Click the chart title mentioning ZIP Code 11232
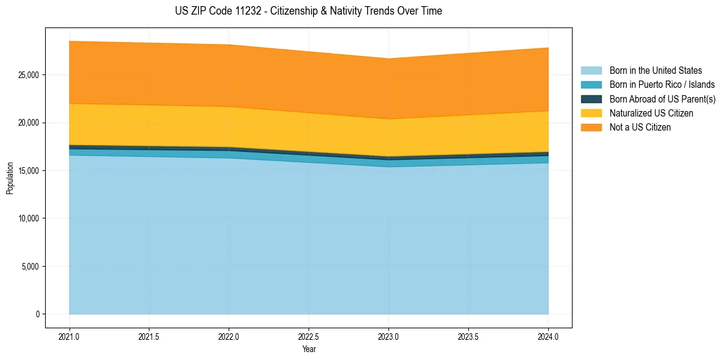pyautogui.click(x=309, y=11)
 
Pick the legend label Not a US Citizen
pyautogui.click(x=640, y=128)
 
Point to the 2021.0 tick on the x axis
pyautogui.click(x=69, y=336)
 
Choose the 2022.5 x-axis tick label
pyautogui.click(x=309, y=336)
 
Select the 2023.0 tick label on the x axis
pyautogui.click(x=388, y=336)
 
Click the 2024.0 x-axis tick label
pyautogui.click(x=548, y=336)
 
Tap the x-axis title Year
pyautogui.click(x=309, y=349)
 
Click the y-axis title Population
pyautogui.click(x=10, y=178)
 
